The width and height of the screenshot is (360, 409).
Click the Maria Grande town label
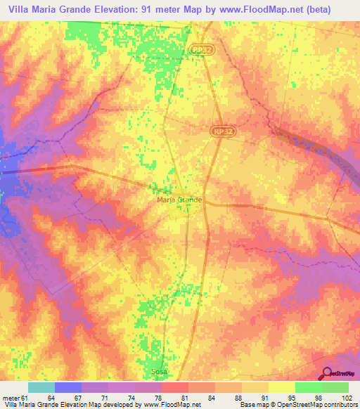click(x=179, y=200)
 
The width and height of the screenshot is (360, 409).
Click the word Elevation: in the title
click(x=117, y=9)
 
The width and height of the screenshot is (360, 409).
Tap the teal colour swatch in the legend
click(x=41, y=388)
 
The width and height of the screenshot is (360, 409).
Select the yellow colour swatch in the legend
click(x=281, y=388)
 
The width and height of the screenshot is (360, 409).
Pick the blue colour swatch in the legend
click(x=68, y=388)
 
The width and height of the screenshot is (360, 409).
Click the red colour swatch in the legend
click(x=174, y=388)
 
